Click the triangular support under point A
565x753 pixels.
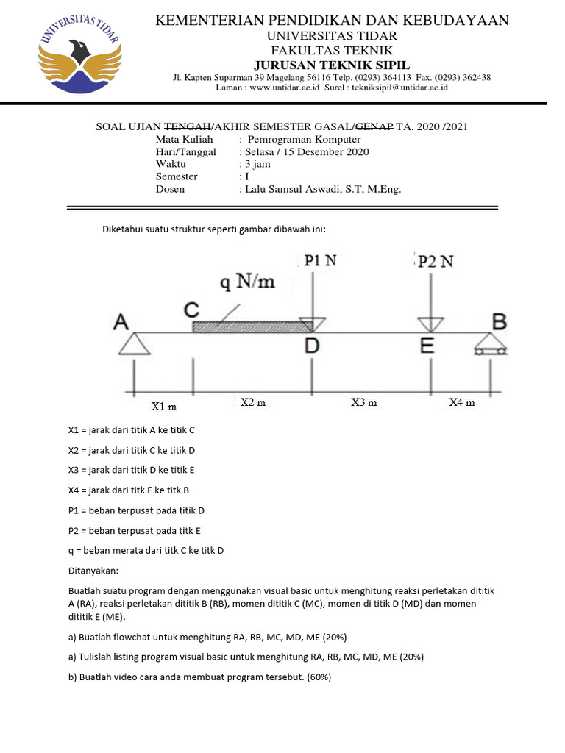(x=134, y=343)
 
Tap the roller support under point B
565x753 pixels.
(x=491, y=344)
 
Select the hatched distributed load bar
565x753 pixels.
(x=250, y=326)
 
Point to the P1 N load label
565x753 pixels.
(x=321, y=260)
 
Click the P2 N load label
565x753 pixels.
(x=436, y=262)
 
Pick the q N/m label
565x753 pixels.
(x=247, y=282)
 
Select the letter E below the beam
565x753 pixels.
(x=427, y=346)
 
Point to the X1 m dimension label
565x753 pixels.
(x=163, y=406)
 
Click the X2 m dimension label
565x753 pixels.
(x=253, y=402)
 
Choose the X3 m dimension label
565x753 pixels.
(x=363, y=402)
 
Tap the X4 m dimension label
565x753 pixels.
(x=462, y=402)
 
